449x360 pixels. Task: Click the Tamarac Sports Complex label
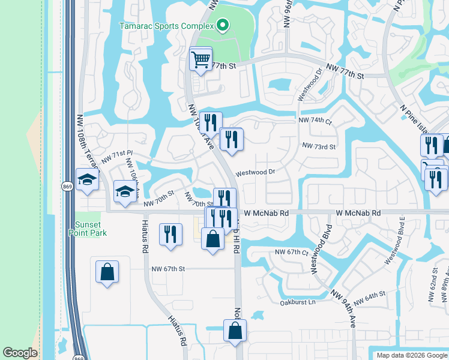166,26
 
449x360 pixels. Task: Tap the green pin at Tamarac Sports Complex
223,25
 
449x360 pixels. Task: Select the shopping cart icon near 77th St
200,59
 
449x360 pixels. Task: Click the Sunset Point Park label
86,228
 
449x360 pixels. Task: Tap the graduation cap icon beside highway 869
87,179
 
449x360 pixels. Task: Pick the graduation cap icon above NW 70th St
124,192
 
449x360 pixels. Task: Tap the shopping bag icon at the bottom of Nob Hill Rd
235,330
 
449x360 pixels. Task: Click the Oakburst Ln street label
297,302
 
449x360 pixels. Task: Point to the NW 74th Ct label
315,121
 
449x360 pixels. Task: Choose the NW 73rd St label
319,146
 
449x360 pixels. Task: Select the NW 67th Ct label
291,252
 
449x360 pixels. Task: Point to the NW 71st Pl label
116,157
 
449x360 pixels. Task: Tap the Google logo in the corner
20,353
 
